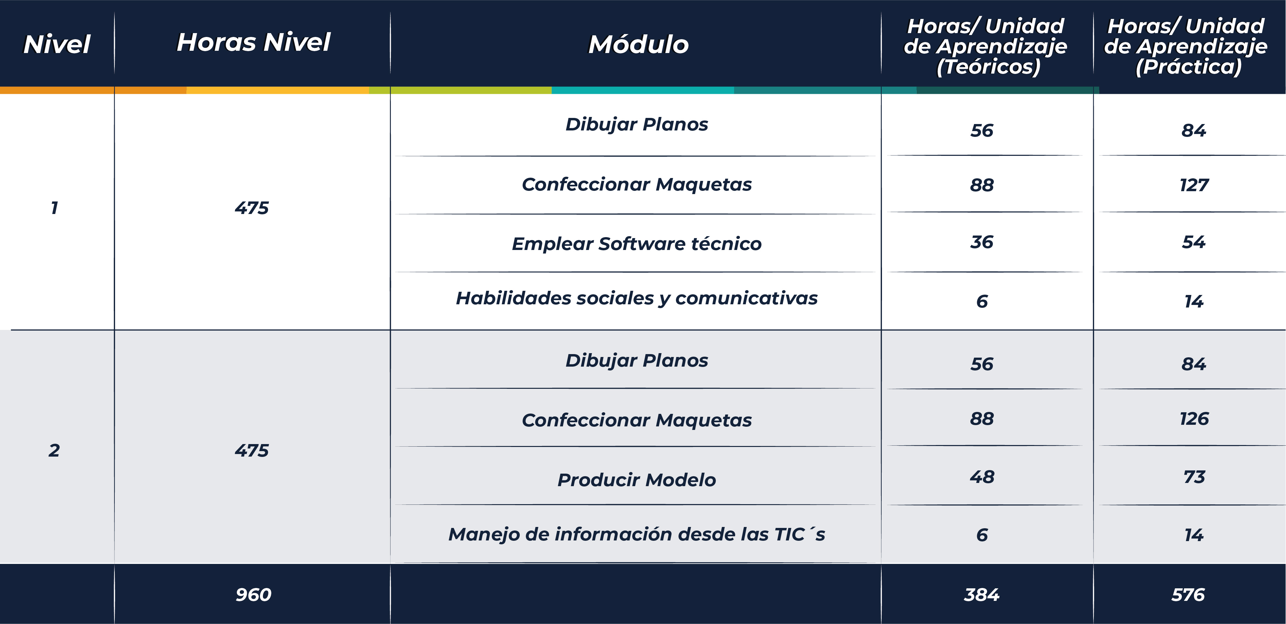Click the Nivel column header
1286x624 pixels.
click(57, 44)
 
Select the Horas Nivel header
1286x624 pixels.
click(254, 42)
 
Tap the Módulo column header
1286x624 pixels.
click(639, 44)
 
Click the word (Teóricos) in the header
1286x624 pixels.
click(988, 67)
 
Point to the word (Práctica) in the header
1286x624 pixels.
click(1189, 67)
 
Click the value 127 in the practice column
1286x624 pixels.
click(1194, 185)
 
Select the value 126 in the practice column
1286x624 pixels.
click(1194, 419)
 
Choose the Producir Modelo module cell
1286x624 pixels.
click(636, 480)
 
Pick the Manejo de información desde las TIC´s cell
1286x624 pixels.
click(636, 534)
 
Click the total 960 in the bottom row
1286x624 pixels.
click(254, 594)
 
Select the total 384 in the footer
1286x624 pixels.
click(982, 594)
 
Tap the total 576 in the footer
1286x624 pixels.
click(1188, 594)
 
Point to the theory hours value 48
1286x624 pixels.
click(982, 477)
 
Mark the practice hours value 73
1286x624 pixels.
click(1194, 477)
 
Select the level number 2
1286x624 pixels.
click(54, 450)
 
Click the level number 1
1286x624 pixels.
click(54, 208)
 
